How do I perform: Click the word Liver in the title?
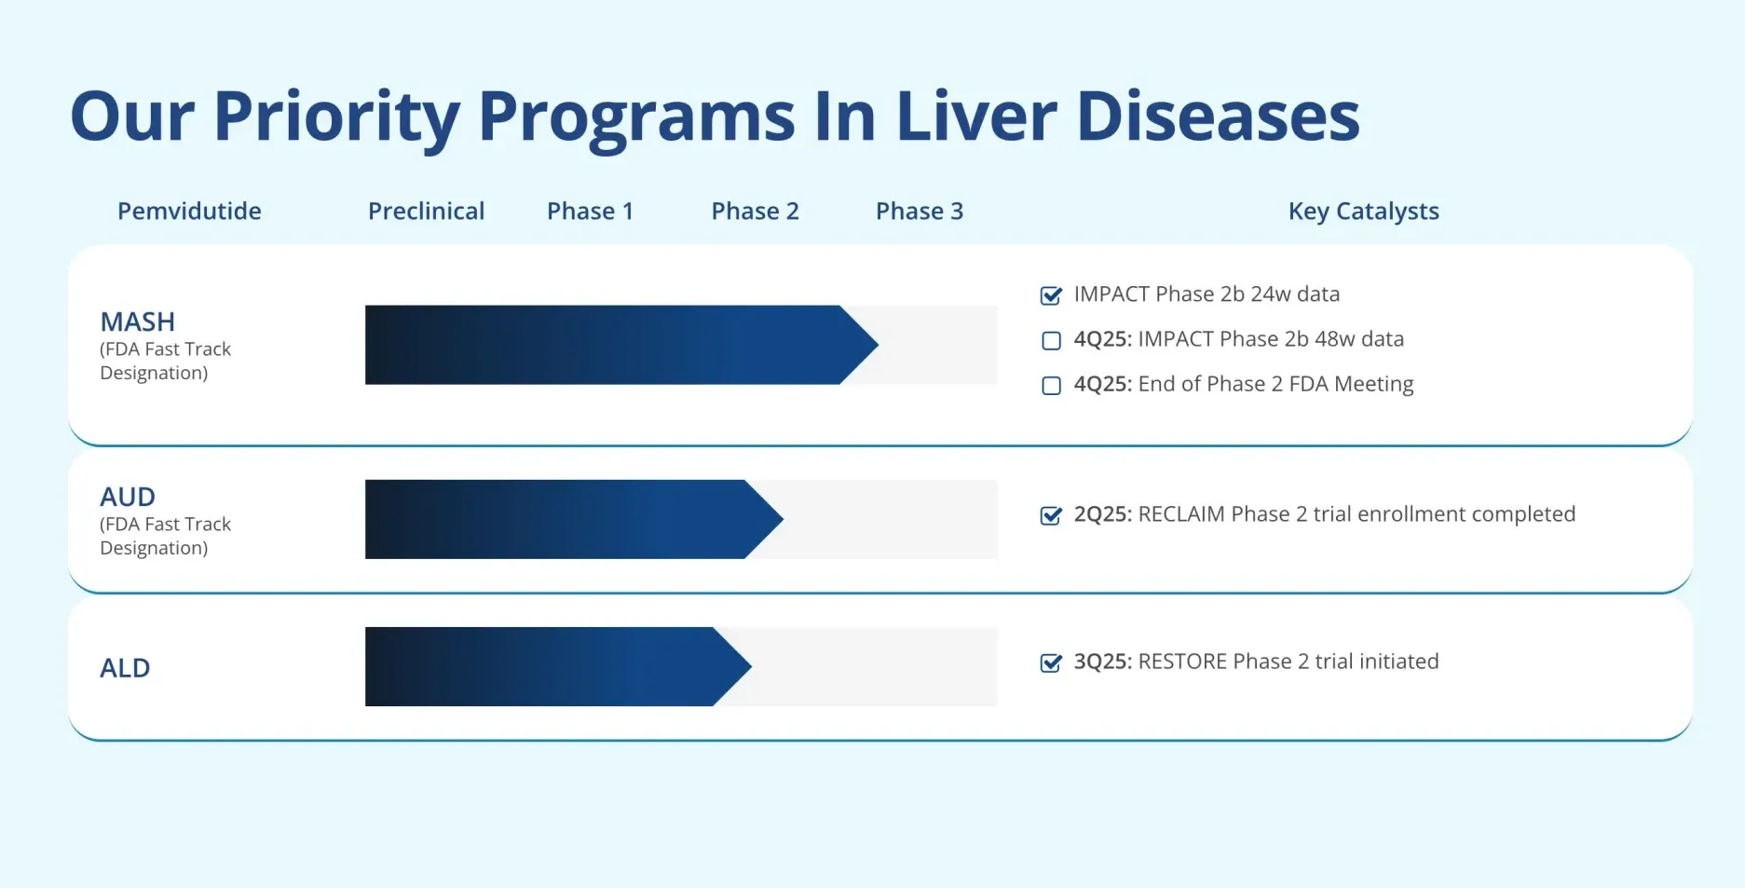975,116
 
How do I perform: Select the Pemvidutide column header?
189,212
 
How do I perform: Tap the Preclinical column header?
426,212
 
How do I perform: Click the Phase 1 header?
590,212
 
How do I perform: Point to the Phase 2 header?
755,212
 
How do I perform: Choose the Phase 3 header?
919,212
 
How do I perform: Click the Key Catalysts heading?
1363,212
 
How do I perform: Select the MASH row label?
137,321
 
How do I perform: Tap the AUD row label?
128,497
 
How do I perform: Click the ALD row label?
125,668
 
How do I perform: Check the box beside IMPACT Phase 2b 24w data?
1051,295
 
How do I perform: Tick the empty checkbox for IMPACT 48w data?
1051,340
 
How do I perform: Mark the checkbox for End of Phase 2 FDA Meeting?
1051,385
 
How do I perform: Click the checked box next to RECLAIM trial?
1051,515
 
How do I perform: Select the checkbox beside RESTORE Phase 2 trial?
1051,663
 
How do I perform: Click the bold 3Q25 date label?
1102,662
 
